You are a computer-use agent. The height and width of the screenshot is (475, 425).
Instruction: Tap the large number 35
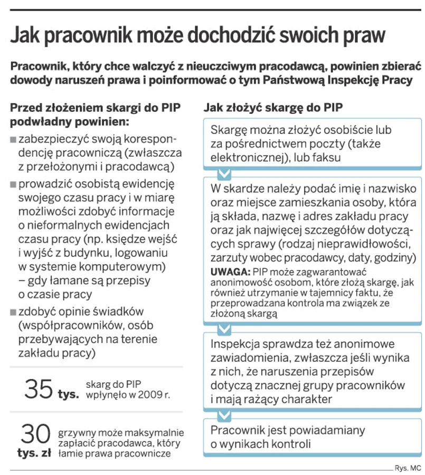(x=39, y=389)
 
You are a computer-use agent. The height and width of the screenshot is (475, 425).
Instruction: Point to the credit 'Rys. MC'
(x=408, y=468)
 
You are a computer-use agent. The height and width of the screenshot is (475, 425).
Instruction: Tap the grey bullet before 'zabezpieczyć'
(x=13, y=141)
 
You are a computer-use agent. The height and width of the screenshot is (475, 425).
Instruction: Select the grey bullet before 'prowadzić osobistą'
(x=13, y=186)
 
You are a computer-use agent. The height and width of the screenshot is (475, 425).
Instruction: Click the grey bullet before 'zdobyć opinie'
(x=13, y=312)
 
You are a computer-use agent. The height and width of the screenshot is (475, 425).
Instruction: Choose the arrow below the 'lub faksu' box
(x=224, y=173)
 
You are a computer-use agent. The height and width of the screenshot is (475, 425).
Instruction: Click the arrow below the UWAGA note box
(x=224, y=329)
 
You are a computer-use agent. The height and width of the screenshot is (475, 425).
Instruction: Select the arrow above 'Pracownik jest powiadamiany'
(x=224, y=414)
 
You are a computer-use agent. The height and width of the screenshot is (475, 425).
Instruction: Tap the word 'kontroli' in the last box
(x=289, y=443)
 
